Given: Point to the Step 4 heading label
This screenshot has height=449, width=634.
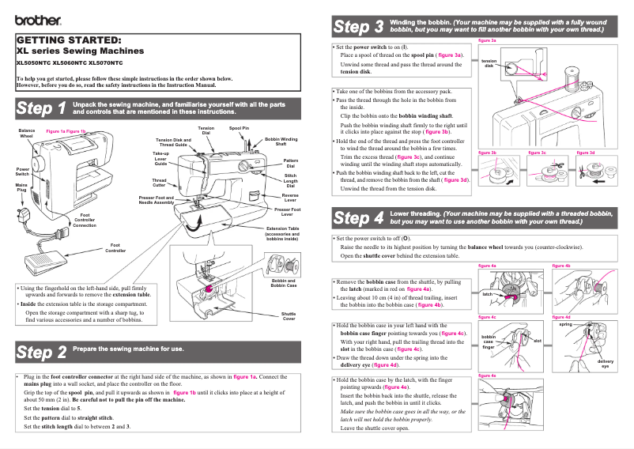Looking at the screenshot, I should click(x=359, y=217).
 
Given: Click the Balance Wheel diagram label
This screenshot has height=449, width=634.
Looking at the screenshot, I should click(x=27, y=133).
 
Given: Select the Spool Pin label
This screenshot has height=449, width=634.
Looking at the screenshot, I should click(x=239, y=127).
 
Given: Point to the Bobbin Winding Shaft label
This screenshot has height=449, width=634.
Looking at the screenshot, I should click(x=281, y=141).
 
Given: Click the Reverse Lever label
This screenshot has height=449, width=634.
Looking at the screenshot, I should click(x=290, y=197).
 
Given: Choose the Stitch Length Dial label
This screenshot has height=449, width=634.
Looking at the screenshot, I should click(x=290, y=181).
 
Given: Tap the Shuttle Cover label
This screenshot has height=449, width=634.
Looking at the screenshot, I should click(x=289, y=316).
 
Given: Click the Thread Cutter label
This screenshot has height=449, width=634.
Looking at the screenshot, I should click(x=159, y=182).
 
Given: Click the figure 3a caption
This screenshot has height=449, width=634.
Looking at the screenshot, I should click(x=488, y=40).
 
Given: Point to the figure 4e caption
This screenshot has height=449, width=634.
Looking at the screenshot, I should click(x=488, y=375).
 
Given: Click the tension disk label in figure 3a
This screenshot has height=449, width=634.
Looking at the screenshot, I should click(x=489, y=63).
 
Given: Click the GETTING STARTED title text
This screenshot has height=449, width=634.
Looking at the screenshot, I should click(x=69, y=40).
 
